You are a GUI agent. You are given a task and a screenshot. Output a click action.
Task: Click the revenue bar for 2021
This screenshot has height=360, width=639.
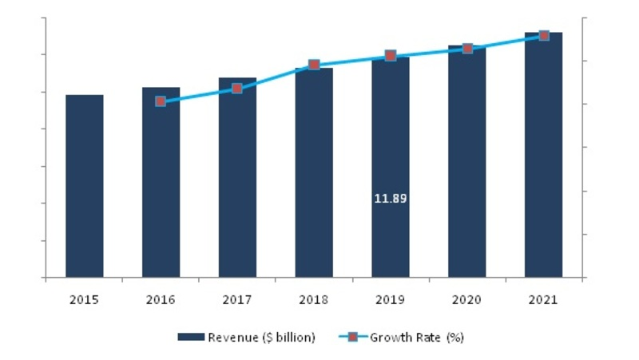coord(543,155)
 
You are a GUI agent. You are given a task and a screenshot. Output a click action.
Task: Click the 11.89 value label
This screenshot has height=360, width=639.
coord(391,198)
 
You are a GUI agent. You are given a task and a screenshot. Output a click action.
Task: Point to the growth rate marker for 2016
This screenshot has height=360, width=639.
coord(161,101)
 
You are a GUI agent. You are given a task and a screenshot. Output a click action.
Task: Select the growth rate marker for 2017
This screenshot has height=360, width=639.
coord(237,88)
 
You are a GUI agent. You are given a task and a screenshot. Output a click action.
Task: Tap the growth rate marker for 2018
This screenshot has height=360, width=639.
coord(314,65)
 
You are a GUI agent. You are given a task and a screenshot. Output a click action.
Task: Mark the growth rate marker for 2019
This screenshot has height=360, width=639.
coord(391,56)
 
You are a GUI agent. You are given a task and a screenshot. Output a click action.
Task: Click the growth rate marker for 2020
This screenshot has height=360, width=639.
coord(467,49)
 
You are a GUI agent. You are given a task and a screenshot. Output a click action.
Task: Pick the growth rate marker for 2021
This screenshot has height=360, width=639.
coord(544,36)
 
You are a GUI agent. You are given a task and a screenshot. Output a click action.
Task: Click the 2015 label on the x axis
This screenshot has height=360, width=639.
coord(84,300)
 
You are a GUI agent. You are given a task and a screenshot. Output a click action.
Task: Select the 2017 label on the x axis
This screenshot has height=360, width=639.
coord(237,300)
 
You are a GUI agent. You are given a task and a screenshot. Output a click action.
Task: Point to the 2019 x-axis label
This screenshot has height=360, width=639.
coord(391,300)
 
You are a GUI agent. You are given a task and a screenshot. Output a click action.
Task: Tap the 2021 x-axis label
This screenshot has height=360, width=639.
coord(544,300)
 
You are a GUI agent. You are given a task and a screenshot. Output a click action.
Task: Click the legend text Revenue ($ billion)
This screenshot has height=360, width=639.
coord(261,338)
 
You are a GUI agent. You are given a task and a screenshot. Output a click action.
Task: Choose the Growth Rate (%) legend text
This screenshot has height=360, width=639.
coord(416,338)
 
